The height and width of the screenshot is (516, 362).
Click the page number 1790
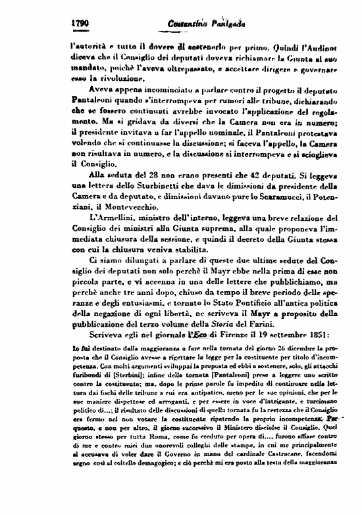pyautogui.click(x=79, y=23)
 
